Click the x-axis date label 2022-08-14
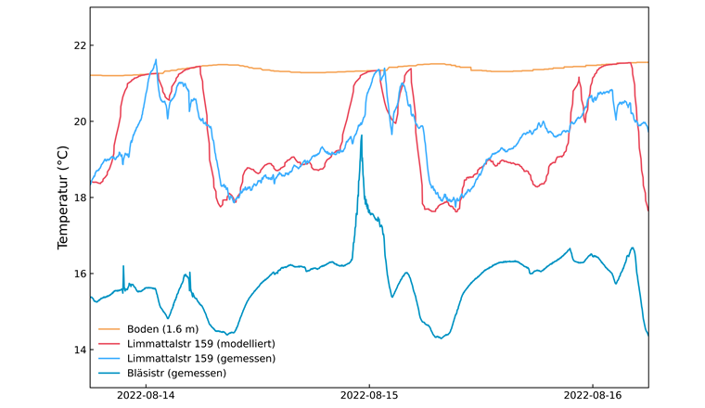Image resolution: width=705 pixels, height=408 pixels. pos(146,395)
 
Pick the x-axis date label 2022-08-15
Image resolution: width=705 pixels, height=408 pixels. pos(369,395)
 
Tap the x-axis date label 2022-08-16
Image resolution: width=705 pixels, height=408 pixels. pos(593,395)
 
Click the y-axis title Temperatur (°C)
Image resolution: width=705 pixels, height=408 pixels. pos(63,198)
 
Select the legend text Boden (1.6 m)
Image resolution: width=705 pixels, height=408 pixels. pos(163,329)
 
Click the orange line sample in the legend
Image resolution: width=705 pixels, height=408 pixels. pos(109,329)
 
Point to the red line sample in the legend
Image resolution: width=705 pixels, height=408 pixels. pos(109,344)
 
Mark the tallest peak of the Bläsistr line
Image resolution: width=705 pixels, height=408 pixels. pos(362,136)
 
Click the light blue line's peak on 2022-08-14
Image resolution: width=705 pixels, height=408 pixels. pos(155,60)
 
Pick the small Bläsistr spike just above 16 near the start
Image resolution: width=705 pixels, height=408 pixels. pos(123,267)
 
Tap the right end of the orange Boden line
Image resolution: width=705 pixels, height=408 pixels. pos(647,62)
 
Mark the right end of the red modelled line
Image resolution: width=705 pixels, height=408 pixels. pos(647,210)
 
